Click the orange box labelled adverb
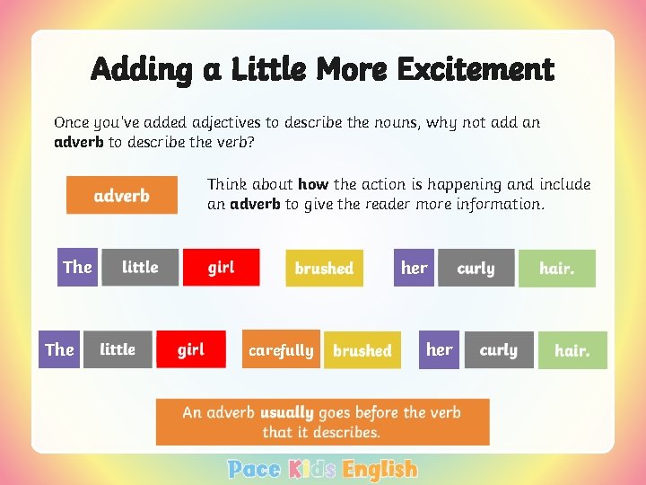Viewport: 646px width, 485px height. coord(121,195)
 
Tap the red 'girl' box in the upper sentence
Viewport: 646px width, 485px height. coord(221,268)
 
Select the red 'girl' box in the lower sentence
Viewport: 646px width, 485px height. coord(190,349)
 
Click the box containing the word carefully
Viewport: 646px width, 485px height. coord(281,350)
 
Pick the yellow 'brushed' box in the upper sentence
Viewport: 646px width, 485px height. coord(324,268)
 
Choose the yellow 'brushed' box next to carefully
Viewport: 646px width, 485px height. coord(362,350)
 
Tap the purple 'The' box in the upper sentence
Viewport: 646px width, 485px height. coord(77,268)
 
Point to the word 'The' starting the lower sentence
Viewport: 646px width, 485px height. coord(59,349)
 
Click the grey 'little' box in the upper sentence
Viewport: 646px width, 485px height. coord(140,268)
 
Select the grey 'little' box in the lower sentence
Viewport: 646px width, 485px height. coord(118,349)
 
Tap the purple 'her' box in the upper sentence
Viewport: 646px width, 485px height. coord(414,268)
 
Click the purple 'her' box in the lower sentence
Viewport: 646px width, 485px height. coord(439,349)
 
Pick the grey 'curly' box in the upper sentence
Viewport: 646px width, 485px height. coord(476,268)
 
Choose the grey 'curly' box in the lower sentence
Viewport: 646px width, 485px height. coord(498,349)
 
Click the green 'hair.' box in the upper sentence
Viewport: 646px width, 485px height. coord(556,269)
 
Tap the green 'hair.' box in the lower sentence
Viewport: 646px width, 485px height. coord(572,350)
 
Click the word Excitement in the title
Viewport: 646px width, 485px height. coord(476,69)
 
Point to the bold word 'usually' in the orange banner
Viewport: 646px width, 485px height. coord(286,413)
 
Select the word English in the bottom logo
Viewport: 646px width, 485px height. coord(380,469)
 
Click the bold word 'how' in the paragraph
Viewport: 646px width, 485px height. coord(313,184)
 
